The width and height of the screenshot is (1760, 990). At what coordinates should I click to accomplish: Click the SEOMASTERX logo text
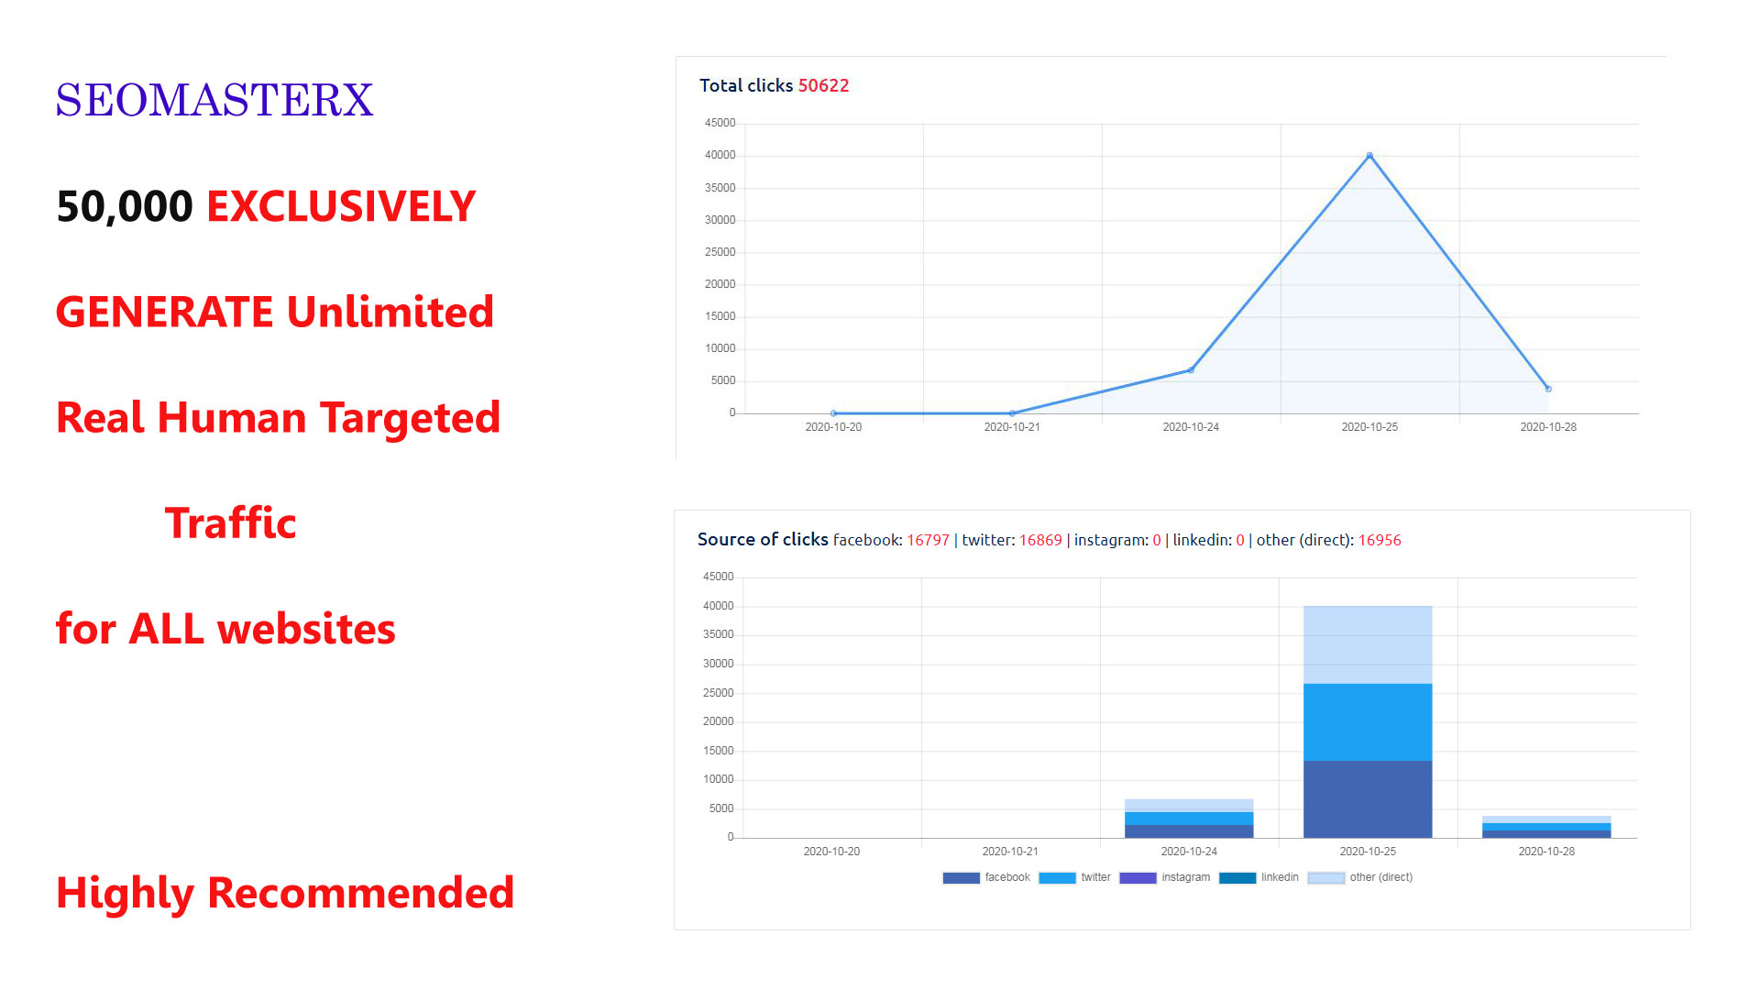tap(214, 100)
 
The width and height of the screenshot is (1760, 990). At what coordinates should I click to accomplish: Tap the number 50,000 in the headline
tap(125, 206)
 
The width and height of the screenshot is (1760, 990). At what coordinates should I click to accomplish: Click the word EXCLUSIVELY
tap(341, 206)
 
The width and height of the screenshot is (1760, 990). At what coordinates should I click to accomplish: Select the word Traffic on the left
tap(230, 523)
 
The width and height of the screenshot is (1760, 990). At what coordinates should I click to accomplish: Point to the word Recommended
tap(360, 893)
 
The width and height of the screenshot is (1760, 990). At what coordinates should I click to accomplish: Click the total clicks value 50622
tap(823, 85)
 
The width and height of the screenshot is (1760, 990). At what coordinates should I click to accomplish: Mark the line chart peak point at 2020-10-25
tap(1369, 156)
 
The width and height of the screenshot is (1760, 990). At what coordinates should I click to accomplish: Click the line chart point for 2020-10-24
tap(1191, 370)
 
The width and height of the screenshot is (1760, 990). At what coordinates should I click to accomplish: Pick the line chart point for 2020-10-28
tap(1548, 389)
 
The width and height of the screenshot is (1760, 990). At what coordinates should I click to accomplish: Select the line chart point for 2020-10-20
tap(833, 413)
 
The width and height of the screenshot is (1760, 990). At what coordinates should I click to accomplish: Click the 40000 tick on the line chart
tap(720, 156)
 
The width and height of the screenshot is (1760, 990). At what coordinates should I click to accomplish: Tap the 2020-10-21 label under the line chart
tap(1012, 427)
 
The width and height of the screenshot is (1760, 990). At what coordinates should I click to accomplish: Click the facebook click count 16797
tap(928, 540)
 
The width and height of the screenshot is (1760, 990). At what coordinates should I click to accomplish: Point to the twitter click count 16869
tap(1040, 540)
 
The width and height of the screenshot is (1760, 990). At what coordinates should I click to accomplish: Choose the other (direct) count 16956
tap(1380, 540)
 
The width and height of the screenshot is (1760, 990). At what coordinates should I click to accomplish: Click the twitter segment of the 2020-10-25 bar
tap(1368, 721)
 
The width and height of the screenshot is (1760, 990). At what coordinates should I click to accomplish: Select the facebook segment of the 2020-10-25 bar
tap(1368, 798)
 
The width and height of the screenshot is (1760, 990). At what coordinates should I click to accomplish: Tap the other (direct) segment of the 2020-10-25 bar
tap(1368, 644)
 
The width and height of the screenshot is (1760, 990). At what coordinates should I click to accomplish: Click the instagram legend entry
tap(1165, 877)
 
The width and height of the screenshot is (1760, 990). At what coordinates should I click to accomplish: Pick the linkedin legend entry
tap(1259, 877)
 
